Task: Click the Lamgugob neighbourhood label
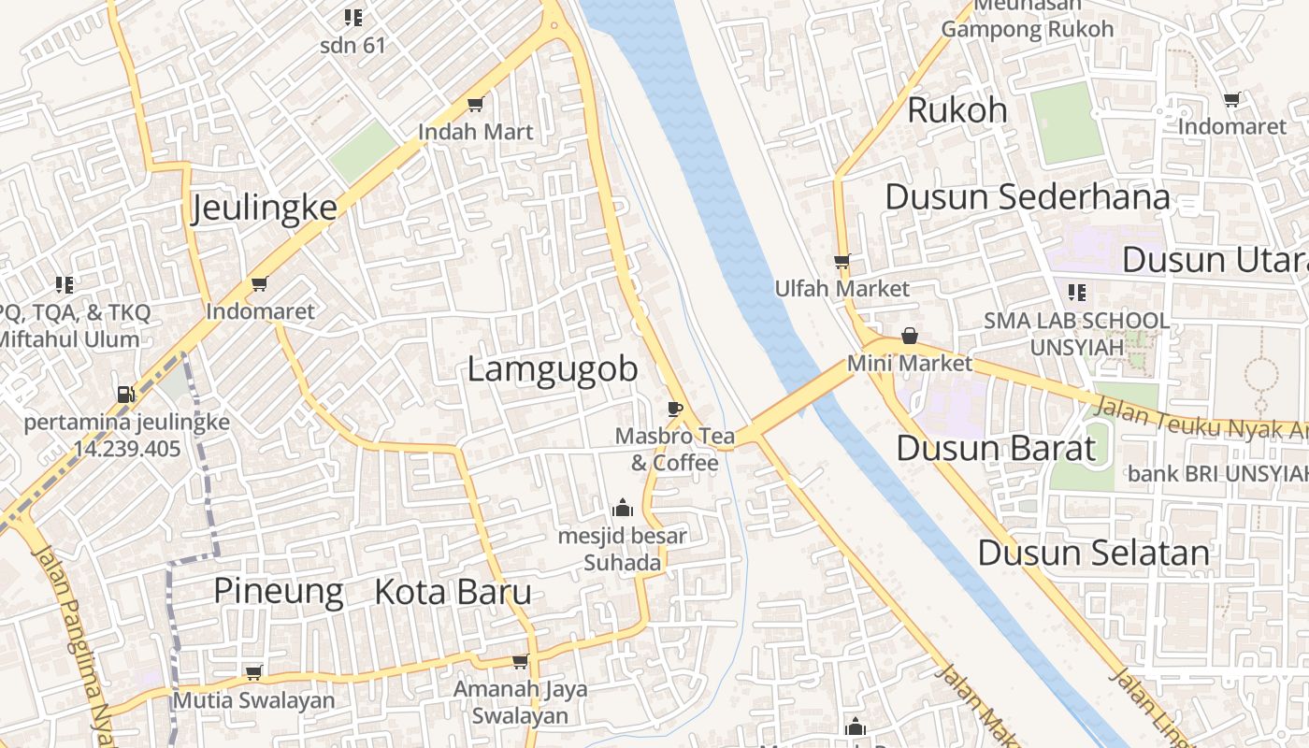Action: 552,369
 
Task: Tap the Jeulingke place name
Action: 264,208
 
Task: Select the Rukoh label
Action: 957,110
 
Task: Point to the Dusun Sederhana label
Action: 1027,197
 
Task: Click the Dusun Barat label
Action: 995,449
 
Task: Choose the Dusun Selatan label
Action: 1093,553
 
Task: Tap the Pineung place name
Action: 279,592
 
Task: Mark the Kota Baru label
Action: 453,592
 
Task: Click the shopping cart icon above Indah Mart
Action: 475,104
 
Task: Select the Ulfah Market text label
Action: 841,289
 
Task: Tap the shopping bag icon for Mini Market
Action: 909,336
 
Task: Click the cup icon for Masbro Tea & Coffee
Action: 674,408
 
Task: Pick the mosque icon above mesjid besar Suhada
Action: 622,509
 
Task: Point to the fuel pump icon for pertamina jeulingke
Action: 124,394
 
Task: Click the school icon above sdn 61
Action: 352,17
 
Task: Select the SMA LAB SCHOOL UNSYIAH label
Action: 1075,334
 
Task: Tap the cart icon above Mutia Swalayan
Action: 252,672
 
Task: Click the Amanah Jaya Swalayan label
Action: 520,702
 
